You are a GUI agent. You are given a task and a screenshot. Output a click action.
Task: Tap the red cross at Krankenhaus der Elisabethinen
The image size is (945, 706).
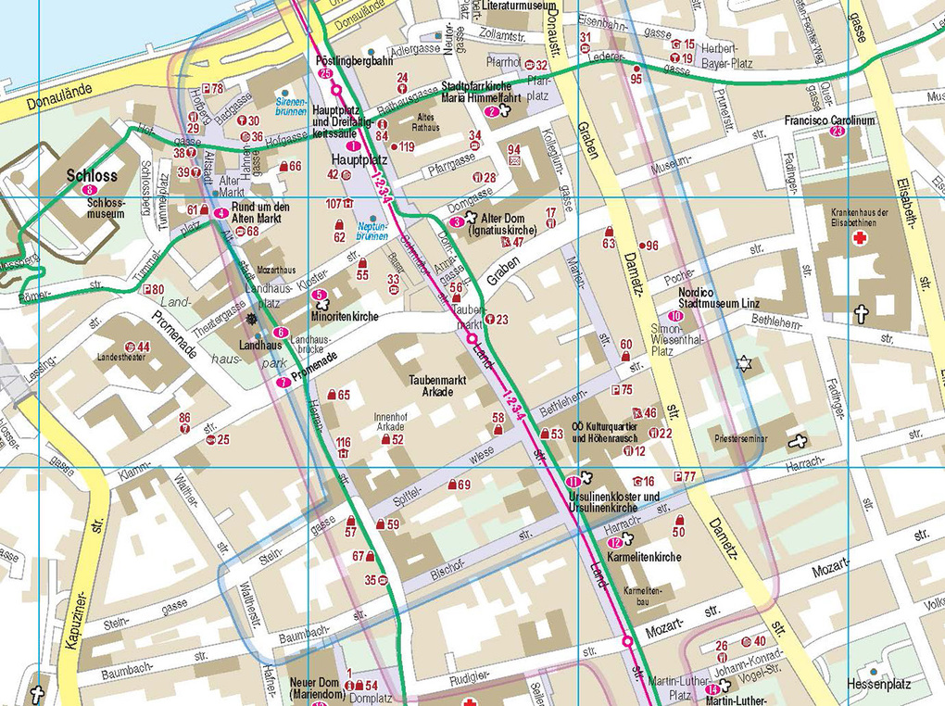pos(860,238)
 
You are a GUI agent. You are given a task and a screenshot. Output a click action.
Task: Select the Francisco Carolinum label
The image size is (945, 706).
pos(829,120)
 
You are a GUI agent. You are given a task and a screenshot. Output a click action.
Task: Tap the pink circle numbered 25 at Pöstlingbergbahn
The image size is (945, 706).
pos(324,73)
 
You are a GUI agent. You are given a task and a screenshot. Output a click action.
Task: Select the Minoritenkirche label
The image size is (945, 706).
pos(345,317)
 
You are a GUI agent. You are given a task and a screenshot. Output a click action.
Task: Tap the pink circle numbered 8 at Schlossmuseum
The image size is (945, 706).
pos(88,190)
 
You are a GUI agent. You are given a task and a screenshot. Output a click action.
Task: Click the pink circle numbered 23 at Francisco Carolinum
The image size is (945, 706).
pos(838,132)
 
